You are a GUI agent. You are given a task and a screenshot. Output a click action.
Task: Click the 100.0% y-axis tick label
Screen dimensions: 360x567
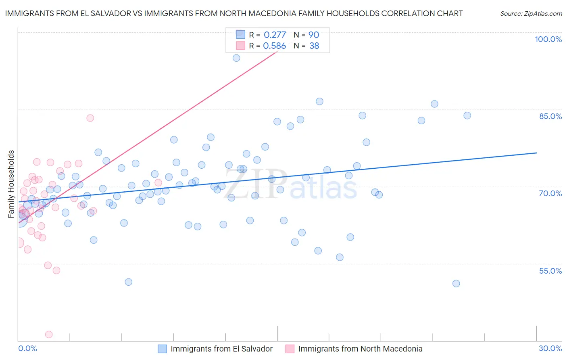pyautogui.click(x=548, y=39)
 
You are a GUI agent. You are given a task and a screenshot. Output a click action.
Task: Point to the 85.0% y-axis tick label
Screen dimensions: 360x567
pyautogui.click(x=550, y=116)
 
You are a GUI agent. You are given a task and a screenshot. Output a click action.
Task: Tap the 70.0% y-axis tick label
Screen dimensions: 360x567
pyautogui.click(x=550, y=193)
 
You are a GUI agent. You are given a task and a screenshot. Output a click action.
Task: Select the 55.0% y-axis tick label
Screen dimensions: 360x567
pyautogui.click(x=550, y=271)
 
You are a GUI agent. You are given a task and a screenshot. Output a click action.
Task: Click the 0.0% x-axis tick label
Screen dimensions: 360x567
pyautogui.click(x=27, y=348)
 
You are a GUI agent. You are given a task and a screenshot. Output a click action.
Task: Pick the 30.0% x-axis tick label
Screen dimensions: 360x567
pyautogui.click(x=550, y=348)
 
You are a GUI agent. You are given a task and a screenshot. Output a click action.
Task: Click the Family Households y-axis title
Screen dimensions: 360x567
pyautogui.click(x=11, y=184)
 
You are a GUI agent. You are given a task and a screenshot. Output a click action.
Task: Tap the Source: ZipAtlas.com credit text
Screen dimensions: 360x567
pyautogui.click(x=531, y=14)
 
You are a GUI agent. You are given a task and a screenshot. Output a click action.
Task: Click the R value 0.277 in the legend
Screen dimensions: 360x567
pyautogui.click(x=275, y=35)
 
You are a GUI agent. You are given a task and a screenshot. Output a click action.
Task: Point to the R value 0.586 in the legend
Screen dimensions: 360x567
pyautogui.click(x=274, y=46)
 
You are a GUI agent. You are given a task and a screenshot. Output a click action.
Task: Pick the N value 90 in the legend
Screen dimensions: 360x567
pyautogui.click(x=314, y=35)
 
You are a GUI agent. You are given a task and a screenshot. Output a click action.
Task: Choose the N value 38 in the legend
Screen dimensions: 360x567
pyautogui.click(x=314, y=46)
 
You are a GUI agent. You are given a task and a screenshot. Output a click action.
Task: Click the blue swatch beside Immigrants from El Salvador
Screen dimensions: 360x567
pyautogui.click(x=162, y=349)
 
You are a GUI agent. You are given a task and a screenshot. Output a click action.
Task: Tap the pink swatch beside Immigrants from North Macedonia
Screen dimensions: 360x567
pyautogui.click(x=290, y=349)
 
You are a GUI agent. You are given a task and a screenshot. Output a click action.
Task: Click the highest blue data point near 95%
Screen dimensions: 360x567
pyautogui.click(x=236, y=58)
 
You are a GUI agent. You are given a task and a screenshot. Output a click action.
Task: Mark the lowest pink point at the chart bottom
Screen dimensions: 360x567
pyautogui.click(x=49, y=334)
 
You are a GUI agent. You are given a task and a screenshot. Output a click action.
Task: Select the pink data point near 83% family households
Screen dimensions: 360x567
pyautogui.click(x=90, y=118)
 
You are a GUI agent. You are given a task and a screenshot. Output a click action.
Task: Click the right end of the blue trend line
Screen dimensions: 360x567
pyautogui.click(x=536, y=153)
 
